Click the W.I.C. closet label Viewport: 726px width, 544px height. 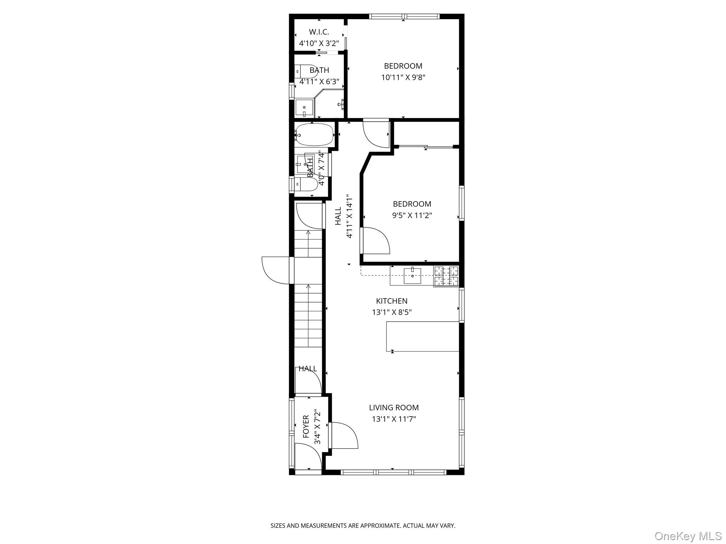pyautogui.click(x=319, y=32)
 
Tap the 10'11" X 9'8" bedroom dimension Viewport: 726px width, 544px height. pyautogui.click(x=403, y=77)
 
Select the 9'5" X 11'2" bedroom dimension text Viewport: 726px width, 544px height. pyautogui.click(x=412, y=215)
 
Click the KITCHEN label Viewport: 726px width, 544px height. pyautogui.click(x=392, y=301)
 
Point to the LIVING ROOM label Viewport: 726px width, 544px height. pyautogui.click(x=394, y=408)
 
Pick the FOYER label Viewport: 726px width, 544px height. pyautogui.click(x=306, y=426)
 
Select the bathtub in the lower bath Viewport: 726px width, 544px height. pyautogui.click(x=314, y=134)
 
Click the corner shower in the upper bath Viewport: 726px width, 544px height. pyautogui.click(x=329, y=103)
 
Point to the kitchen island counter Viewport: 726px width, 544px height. pyautogui.click(x=423, y=336)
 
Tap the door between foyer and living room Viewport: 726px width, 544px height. pyautogui.click(x=343, y=436)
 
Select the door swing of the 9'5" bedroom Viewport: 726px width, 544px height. pyautogui.click(x=375, y=240)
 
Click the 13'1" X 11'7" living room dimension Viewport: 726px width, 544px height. pyautogui.click(x=394, y=419)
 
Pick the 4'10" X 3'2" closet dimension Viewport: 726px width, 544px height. pyautogui.click(x=319, y=44)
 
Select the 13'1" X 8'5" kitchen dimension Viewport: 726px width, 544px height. pyautogui.click(x=392, y=312)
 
